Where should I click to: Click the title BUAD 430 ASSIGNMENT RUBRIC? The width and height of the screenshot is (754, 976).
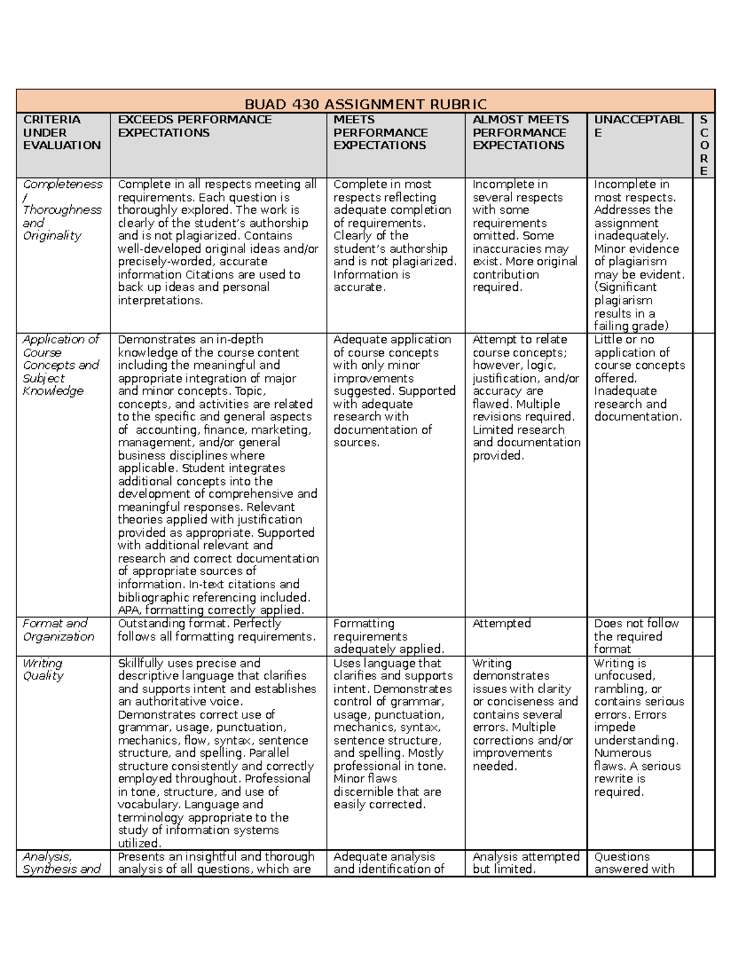[x=365, y=104]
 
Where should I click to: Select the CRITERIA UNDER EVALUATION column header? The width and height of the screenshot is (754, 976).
[x=62, y=133]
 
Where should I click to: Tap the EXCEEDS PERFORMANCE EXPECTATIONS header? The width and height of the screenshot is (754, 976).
[x=194, y=126]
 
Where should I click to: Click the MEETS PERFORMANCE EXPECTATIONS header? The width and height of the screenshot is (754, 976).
[x=380, y=133]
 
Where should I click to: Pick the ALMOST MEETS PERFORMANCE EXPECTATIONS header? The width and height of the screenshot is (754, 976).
[x=520, y=133]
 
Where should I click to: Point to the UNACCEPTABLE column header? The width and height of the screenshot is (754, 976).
[x=638, y=126]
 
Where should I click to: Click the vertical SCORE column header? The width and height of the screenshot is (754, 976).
[x=704, y=145]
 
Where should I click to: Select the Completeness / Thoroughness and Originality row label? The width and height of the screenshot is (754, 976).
[x=62, y=210]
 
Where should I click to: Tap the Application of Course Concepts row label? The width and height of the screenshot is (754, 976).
[x=60, y=365]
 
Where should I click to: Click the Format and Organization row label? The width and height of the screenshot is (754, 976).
[x=58, y=630]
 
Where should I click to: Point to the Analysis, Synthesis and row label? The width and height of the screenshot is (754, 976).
[x=61, y=863]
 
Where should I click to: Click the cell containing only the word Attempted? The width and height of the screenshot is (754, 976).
[x=501, y=623]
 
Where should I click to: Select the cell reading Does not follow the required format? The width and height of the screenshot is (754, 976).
[x=636, y=636]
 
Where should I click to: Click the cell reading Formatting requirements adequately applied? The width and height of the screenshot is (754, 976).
[x=388, y=636]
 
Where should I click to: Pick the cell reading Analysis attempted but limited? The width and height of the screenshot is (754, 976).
[x=525, y=863]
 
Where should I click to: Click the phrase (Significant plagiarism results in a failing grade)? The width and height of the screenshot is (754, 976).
[x=631, y=307]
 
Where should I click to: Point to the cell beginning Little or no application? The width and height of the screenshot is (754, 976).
[x=639, y=378]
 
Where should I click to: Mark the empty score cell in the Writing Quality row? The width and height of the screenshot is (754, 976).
[x=704, y=752]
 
